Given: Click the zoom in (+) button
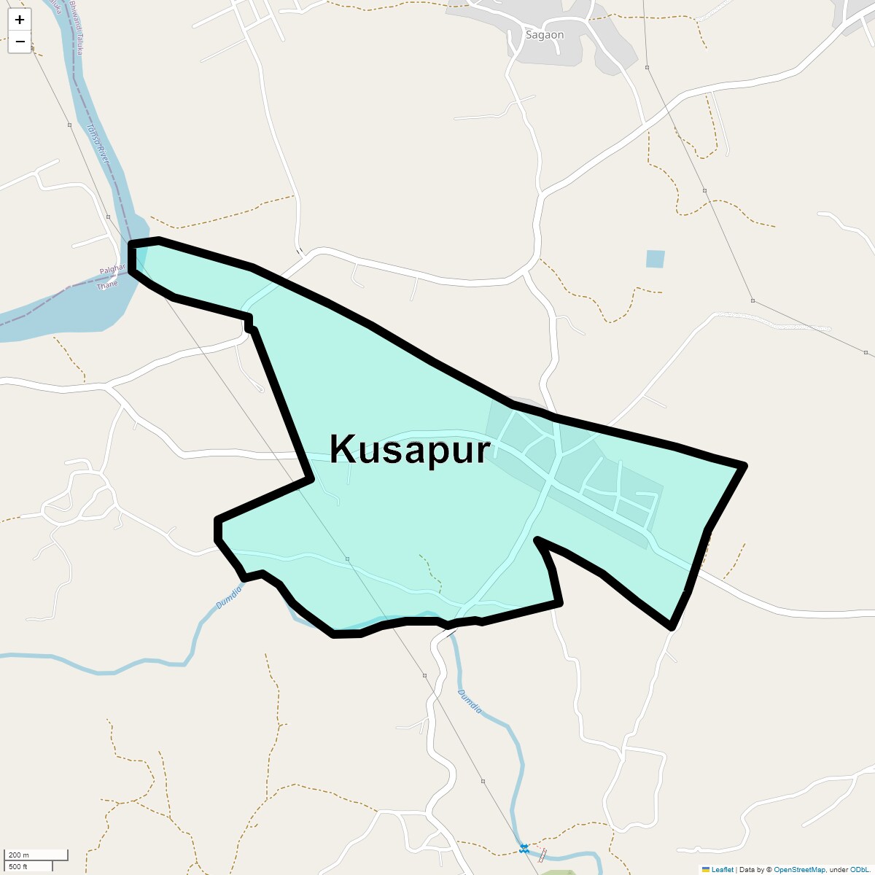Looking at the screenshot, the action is click(20, 20).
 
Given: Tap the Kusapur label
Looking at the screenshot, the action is click(409, 449).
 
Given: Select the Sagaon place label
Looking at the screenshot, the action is click(545, 35).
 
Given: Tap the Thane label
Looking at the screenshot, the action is click(106, 285).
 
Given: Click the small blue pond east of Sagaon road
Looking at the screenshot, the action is click(655, 259).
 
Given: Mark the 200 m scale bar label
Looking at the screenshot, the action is click(19, 855).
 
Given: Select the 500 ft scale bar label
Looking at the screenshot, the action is click(18, 866).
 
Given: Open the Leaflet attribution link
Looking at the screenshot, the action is click(722, 869).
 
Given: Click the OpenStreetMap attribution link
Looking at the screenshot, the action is click(799, 869).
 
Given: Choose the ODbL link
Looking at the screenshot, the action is click(858, 869).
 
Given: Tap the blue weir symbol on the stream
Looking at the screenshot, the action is click(524, 848).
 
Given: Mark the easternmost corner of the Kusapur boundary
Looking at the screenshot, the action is click(744, 465).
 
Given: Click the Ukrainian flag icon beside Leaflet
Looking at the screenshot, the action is click(705, 869).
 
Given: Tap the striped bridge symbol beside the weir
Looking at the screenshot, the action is click(542, 855).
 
